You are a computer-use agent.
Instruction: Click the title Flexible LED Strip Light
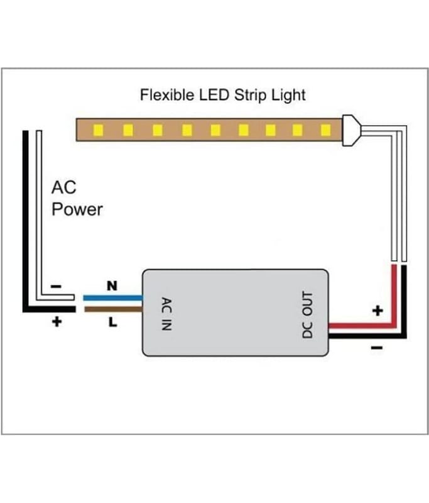[x=223, y=96]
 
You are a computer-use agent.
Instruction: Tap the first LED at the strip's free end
[x=99, y=130]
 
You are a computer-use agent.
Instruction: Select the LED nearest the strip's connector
[x=325, y=130]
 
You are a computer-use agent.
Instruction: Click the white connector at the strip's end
[x=351, y=130]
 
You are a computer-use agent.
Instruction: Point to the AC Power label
[x=77, y=199]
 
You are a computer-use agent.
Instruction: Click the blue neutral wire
[x=113, y=298]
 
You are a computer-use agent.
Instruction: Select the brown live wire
[x=113, y=309]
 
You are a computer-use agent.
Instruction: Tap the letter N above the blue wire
[x=112, y=285]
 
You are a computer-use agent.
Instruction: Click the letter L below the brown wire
[x=113, y=322]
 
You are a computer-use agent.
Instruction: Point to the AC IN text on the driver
[x=166, y=314]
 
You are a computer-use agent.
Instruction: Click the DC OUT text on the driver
[x=307, y=315]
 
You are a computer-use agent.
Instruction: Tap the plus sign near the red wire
[x=377, y=311]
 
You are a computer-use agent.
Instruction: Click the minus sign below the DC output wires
[x=377, y=348]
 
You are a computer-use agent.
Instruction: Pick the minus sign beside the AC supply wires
[x=56, y=286]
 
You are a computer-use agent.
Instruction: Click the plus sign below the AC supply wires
[x=57, y=321]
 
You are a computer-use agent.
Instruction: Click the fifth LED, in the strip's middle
[x=215, y=130]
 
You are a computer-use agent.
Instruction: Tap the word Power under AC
[x=77, y=210]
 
